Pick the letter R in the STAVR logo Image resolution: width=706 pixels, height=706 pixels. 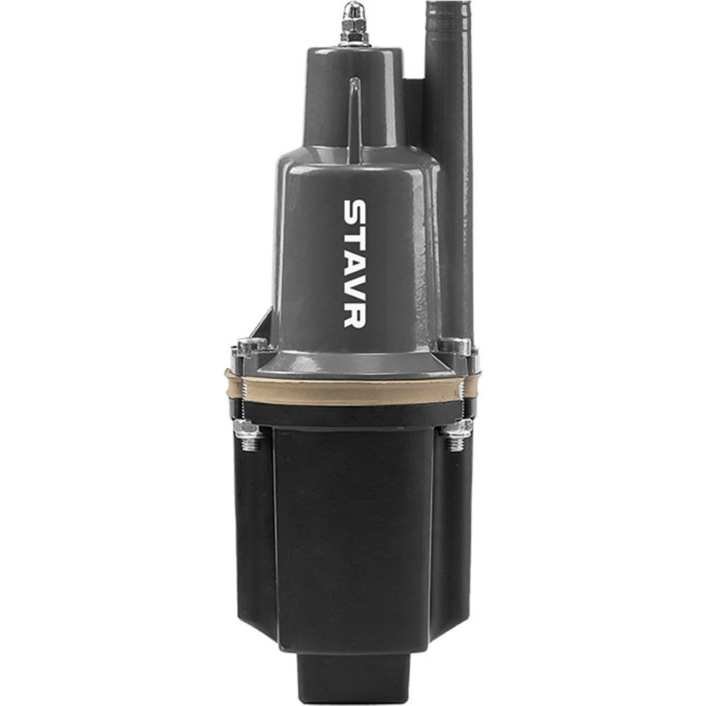355,314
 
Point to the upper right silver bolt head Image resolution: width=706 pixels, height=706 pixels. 455,346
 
